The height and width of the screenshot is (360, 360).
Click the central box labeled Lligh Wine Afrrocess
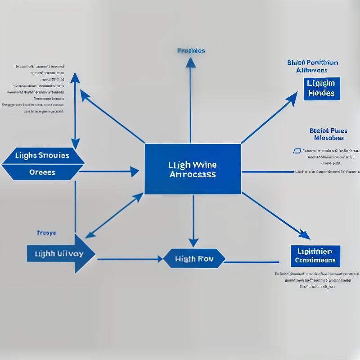pyautogui.click(x=193, y=169)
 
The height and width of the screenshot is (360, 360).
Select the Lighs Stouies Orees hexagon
pyautogui.click(x=43, y=164)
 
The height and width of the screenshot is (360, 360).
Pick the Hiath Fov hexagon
pyautogui.click(x=194, y=259)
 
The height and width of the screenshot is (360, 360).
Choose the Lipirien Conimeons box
pyautogui.click(x=315, y=256)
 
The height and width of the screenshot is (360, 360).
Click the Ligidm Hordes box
pyautogui.click(x=321, y=89)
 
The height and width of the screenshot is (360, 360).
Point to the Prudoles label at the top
pyautogui.click(x=191, y=50)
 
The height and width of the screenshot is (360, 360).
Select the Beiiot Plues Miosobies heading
pyautogui.click(x=328, y=134)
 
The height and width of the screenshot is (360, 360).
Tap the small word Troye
pyautogui.click(x=46, y=233)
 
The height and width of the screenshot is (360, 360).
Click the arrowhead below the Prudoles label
pyautogui.click(x=191, y=63)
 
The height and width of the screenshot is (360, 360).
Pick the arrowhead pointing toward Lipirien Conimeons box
pyautogui.click(x=305, y=234)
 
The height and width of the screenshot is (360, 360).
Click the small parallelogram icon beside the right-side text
pyautogui.click(x=297, y=151)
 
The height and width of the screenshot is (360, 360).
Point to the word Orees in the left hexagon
pyautogui.click(x=42, y=172)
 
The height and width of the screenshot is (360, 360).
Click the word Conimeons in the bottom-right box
pyautogui.click(x=315, y=260)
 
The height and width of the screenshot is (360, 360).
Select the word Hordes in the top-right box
pyautogui.click(x=322, y=93)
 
